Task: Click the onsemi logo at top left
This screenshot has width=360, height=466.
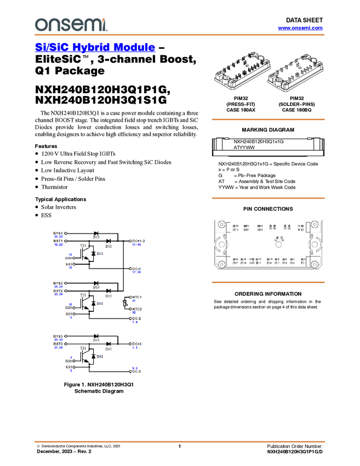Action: tap(71, 24)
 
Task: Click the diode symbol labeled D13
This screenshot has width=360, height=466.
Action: tap(96, 234)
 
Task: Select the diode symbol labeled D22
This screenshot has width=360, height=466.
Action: tap(108, 291)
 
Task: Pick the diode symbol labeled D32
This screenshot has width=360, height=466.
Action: tap(108, 344)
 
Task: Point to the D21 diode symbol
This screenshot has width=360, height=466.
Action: tap(93, 304)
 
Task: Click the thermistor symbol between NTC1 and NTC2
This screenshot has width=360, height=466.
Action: tap(125, 303)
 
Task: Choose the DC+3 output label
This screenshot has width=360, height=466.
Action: tap(136, 344)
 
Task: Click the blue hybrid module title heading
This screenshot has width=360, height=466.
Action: tap(95, 48)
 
